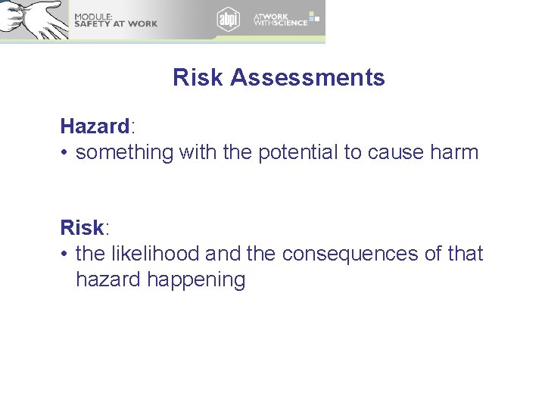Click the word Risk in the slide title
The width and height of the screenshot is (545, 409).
[x=198, y=77]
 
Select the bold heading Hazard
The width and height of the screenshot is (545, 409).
[x=95, y=126]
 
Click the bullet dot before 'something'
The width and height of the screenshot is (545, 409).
[x=66, y=153]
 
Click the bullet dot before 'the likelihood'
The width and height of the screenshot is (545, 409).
[x=66, y=254]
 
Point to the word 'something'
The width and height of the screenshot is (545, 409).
[x=125, y=152]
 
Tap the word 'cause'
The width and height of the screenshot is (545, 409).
[x=396, y=152]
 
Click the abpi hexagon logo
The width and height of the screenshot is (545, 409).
[x=228, y=19]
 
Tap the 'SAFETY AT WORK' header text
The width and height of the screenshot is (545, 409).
[x=115, y=24]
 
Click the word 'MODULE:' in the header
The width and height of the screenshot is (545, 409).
[x=92, y=16]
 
